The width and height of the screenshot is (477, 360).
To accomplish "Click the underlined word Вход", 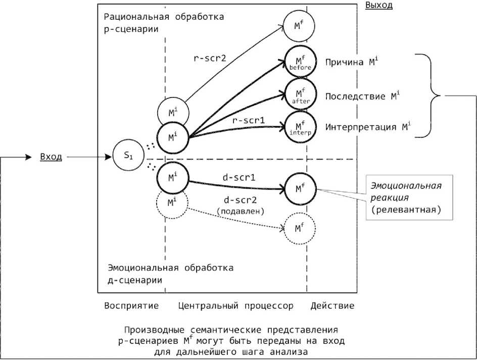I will [51, 157].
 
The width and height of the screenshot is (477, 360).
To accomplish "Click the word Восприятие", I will [131, 305].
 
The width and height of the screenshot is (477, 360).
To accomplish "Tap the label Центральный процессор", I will [235, 305].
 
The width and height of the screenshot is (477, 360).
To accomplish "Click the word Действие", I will [332, 305].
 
